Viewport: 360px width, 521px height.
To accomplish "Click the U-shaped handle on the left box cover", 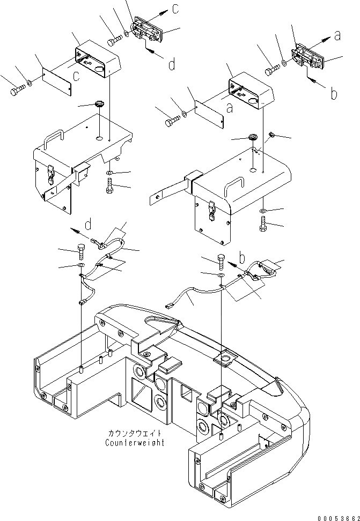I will (x=56, y=136).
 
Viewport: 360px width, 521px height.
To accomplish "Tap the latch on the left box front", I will (x=50, y=172).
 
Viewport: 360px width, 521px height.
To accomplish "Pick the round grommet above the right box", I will (x=252, y=139).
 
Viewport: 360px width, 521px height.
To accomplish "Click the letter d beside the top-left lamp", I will (x=171, y=65).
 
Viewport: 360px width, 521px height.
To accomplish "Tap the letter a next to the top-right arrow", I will (x=337, y=35).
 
